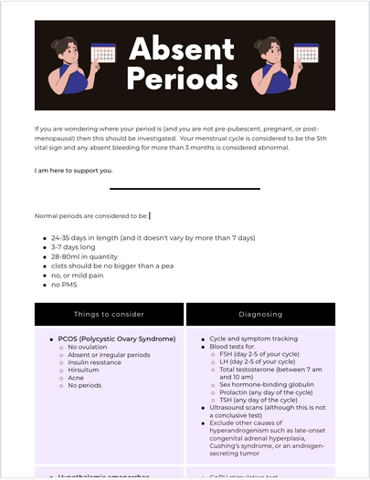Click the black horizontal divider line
(185, 189)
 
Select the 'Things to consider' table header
(109, 314)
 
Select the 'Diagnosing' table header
(260, 314)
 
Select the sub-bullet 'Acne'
(77, 378)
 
